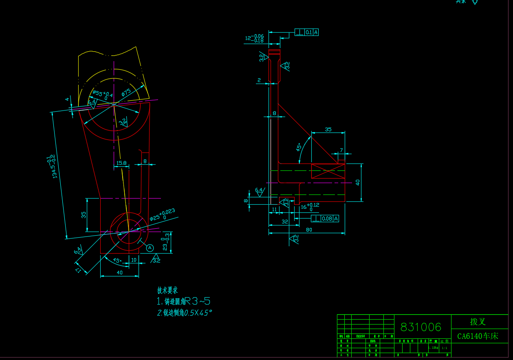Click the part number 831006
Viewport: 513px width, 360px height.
(x=421, y=327)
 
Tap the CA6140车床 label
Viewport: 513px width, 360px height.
(x=478, y=336)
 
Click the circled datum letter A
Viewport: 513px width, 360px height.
(x=150, y=247)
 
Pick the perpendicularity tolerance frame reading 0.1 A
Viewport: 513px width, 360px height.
(x=306, y=32)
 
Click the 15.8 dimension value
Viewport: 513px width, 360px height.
(x=121, y=163)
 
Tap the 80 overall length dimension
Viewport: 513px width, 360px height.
(x=309, y=230)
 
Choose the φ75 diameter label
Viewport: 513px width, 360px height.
(x=126, y=93)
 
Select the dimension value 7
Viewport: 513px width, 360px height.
(x=341, y=150)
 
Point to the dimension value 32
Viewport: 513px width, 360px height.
(x=285, y=222)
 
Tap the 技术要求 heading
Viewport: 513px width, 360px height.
(x=167, y=290)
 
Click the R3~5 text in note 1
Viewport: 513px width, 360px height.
(x=198, y=301)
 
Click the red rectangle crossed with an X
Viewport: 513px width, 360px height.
(x=328, y=171)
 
